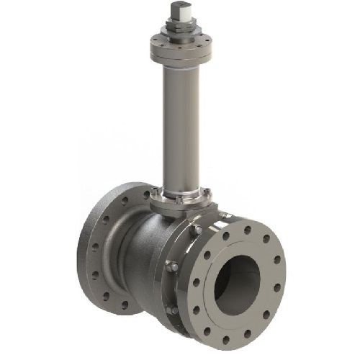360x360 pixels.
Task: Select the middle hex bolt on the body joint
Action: coord(171,269)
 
